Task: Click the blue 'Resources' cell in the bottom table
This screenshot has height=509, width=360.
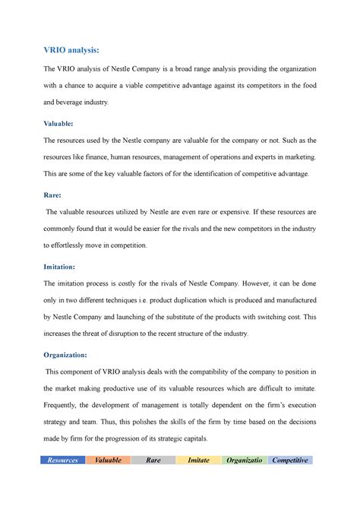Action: click(62, 460)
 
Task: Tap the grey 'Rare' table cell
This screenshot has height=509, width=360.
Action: click(153, 460)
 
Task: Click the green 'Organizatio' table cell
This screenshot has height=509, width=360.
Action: click(245, 460)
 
